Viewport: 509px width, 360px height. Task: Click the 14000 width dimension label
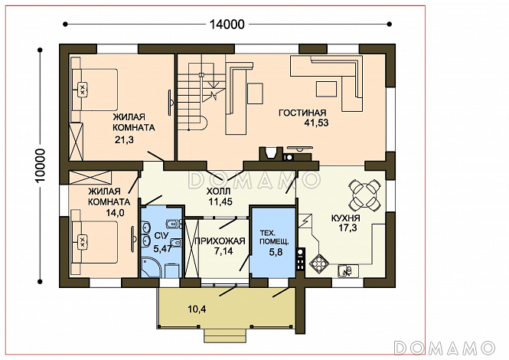pos(227,24)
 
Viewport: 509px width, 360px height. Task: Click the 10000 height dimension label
pos(41,165)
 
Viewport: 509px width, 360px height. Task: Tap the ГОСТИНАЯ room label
pos(302,113)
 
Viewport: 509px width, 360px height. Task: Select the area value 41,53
pos(316,123)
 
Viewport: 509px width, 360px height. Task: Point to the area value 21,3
pos(124,139)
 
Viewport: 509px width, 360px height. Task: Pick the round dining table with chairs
pos(364,195)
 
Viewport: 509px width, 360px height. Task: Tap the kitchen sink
pos(347,270)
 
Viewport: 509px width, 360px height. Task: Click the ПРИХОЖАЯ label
pos(220,241)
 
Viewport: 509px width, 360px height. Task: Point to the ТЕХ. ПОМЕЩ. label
pos(274,237)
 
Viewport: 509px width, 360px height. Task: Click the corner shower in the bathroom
pos(151,267)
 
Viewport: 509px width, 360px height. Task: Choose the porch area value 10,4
pos(197,309)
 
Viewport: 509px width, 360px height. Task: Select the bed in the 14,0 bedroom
pos(94,242)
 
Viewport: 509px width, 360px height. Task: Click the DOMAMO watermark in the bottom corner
pos(445,348)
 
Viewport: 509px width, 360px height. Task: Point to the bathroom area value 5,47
pos(162,249)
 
